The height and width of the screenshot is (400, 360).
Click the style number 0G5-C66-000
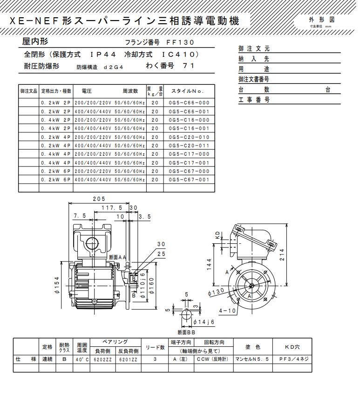189,103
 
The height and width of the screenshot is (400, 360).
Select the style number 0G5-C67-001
189,179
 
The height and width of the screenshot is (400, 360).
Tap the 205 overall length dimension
98,199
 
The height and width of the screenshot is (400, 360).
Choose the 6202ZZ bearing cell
103,359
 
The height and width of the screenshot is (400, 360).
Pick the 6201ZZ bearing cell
129,359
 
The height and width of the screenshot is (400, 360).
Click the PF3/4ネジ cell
294,359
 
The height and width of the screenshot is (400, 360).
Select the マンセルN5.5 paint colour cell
252,359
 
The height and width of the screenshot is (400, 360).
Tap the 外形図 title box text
322,20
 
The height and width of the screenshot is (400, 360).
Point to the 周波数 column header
131,91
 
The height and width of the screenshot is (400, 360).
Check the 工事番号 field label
254,100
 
